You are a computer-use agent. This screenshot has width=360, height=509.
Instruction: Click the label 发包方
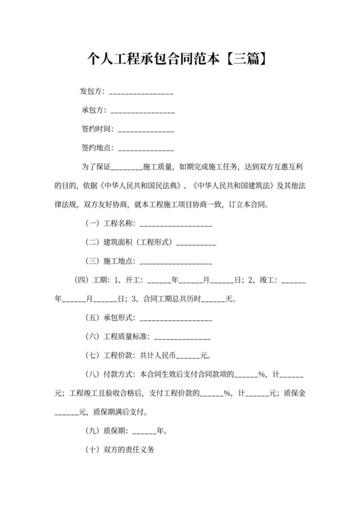(x=91, y=91)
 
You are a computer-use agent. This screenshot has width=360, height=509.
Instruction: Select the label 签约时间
(x=96, y=129)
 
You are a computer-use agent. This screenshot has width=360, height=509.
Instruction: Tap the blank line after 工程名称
(x=175, y=224)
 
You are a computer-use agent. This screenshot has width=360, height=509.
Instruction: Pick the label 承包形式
(x=118, y=318)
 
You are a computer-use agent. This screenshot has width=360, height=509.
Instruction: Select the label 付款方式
(x=118, y=374)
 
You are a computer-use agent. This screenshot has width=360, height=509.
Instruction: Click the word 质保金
(x=293, y=393)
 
